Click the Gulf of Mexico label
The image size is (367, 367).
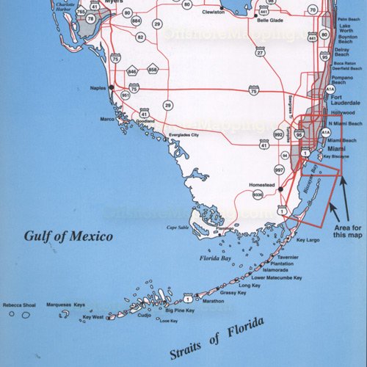pos(68,236)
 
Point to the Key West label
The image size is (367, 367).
pos(93,317)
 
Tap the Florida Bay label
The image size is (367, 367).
pos(216,258)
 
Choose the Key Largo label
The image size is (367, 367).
pos(309,240)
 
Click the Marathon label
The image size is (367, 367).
pos(213,302)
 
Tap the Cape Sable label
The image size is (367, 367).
pos(178,227)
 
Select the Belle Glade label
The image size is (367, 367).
pos(271,21)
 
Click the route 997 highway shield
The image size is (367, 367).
pos(278,170)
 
